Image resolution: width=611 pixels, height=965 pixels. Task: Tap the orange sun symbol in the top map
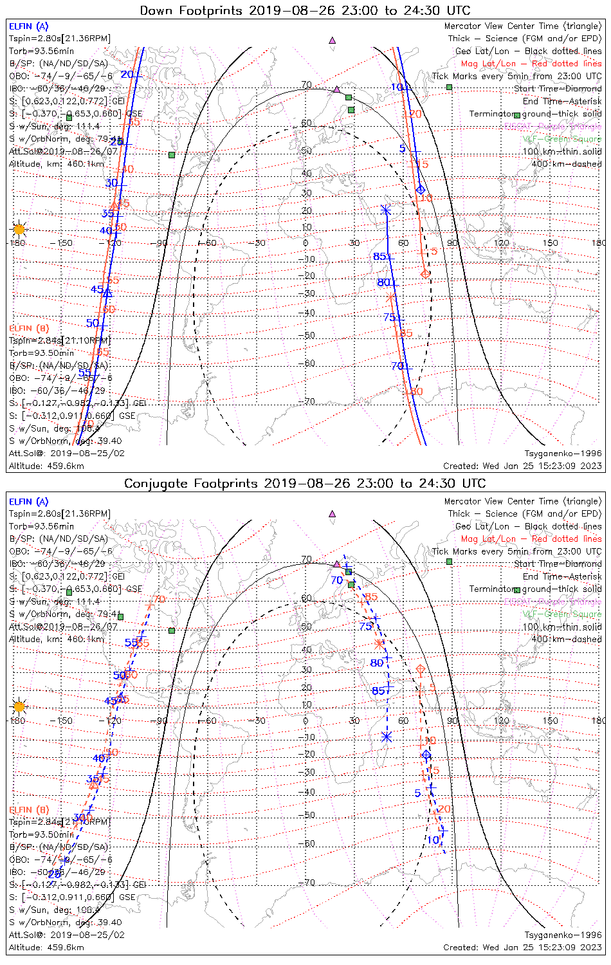click(x=19, y=229)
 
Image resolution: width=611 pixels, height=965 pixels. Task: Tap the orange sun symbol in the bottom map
click(x=19, y=706)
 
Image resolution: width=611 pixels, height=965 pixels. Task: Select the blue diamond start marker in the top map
click(x=421, y=190)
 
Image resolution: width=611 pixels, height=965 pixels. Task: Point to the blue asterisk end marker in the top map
click(x=385, y=210)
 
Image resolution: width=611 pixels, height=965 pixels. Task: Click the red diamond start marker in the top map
click(x=425, y=274)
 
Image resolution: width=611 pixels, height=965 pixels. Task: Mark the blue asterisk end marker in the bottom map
click(x=387, y=737)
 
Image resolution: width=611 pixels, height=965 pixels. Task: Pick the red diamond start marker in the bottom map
click(x=421, y=671)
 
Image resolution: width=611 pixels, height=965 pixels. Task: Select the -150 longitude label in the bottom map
click(x=64, y=721)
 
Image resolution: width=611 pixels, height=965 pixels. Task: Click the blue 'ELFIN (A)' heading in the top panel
click(x=28, y=26)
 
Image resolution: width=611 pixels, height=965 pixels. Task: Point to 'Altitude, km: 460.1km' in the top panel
click(x=57, y=164)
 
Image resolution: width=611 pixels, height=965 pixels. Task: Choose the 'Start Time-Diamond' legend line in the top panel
click(x=558, y=89)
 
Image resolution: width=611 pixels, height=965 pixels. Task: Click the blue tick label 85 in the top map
click(x=379, y=257)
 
